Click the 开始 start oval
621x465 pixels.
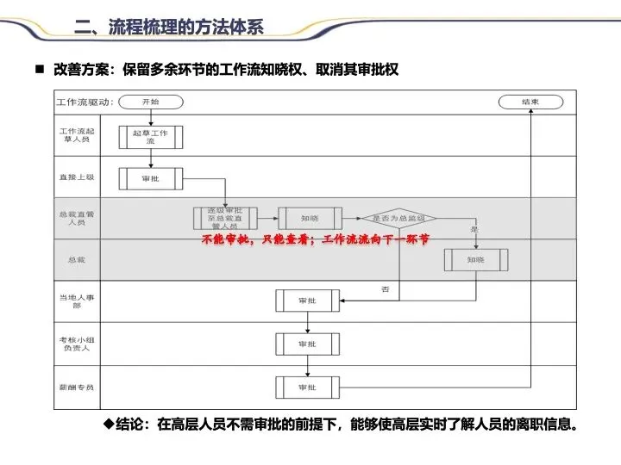[150, 102]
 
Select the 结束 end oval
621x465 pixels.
[530, 102]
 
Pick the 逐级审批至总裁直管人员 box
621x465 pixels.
[225, 218]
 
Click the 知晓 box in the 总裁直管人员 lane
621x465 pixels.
[310, 218]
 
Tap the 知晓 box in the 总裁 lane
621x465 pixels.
[476, 260]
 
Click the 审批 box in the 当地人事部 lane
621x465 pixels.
[308, 301]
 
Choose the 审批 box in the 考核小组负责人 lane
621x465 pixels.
[308, 344]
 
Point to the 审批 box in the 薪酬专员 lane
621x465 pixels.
[308, 387]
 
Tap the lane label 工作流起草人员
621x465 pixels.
[77, 135]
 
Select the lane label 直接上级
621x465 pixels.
[77, 177]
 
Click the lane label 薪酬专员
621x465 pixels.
[77, 387]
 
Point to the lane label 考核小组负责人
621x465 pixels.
[77, 344]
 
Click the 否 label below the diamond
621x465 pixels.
[385, 288]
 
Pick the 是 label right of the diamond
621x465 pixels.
[474, 230]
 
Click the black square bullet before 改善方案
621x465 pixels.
[39, 68]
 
